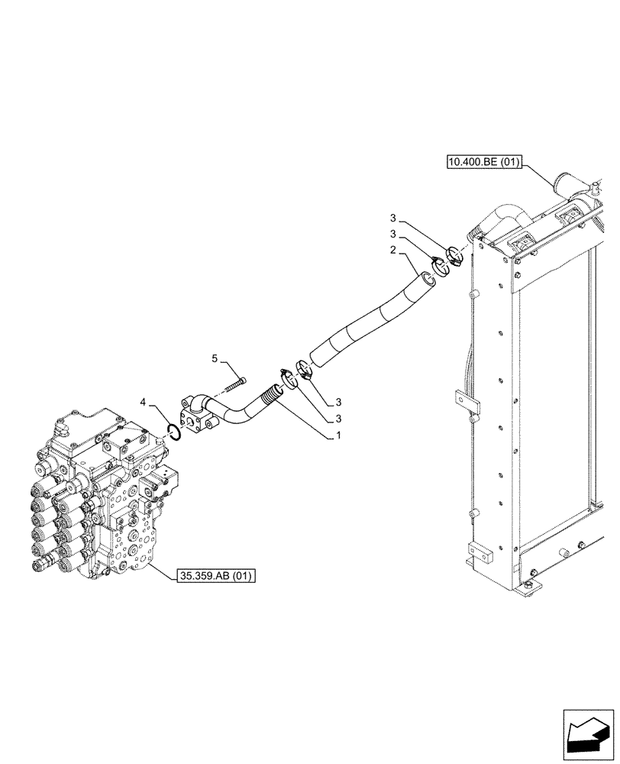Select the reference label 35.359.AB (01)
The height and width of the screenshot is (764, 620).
tap(217, 575)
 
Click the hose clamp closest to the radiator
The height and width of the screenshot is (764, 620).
tap(456, 256)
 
